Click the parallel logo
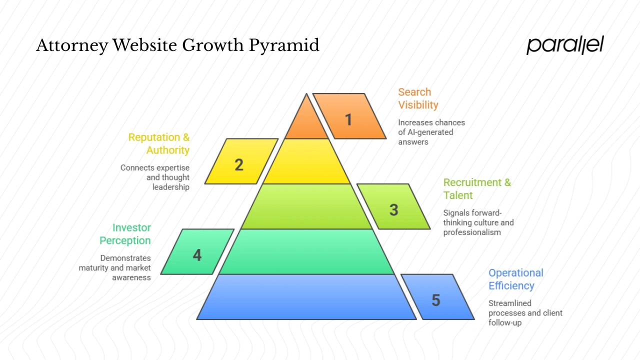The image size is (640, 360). [x=565, y=45]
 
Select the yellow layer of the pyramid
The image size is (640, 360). [x=306, y=161]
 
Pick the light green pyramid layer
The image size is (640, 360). [x=306, y=206]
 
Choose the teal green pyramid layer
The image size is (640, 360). [x=306, y=252]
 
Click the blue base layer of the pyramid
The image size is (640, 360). [x=306, y=297]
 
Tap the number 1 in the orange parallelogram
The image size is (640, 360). [x=349, y=119]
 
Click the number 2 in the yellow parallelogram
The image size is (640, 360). [x=239, y=164]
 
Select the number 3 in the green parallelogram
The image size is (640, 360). [x=393, y=210]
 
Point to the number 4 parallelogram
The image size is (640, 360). [x=197, y=255]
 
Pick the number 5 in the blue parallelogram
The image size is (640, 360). [x=436, y=300]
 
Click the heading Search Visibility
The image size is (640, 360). [x=418, y=98]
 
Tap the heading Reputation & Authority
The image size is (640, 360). [x=159, y=143]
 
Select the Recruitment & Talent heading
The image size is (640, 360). [x=477, y=188]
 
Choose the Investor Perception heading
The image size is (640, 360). [x=125, y=234]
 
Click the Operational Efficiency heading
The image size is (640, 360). [x=515, y=279]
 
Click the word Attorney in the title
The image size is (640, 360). [x=72, y=46]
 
